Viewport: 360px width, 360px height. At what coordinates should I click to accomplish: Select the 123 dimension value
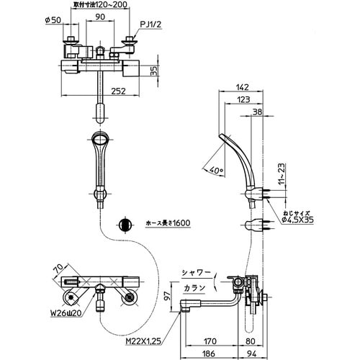pyautogui.click(x=248, y=100)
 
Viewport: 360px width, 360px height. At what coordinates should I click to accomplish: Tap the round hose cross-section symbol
pyautogui.click(x=124, y=224)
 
